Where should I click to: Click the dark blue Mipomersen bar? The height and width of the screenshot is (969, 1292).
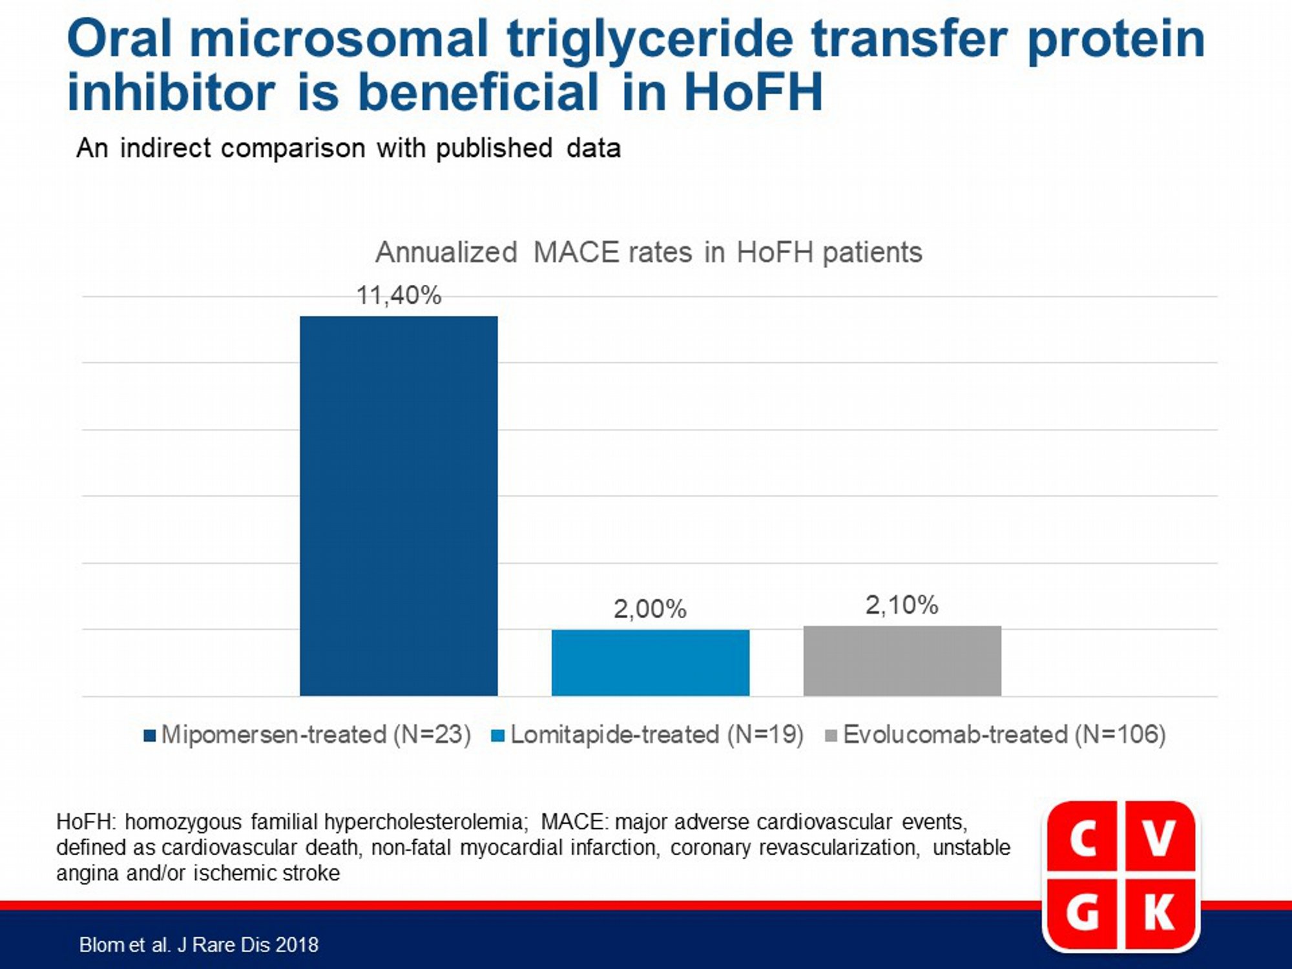(x=399, y=506)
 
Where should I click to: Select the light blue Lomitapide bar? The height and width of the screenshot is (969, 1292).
(x=651, y=663)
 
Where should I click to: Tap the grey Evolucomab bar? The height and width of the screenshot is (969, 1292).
(x=902, y=661)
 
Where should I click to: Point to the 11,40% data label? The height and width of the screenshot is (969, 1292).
(x=399, y=296)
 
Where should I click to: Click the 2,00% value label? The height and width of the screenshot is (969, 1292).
(x=650, y=609)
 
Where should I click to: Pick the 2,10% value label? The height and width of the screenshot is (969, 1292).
(x=902, y=605)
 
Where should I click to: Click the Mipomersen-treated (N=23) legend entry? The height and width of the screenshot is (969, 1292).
(x=307, y=735)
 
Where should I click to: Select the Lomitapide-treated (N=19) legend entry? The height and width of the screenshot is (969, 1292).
(x=648, y=735)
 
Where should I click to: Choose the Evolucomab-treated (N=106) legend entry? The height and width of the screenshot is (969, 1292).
(x=996, y=735)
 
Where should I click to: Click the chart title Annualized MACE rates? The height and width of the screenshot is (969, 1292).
(x=649, y=252)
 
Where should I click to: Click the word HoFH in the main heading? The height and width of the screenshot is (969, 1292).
(x=753, y=92)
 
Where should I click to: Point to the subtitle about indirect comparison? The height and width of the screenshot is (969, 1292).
(x=349, y=148)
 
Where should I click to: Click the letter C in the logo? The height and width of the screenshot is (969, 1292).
(x=1083, y=839)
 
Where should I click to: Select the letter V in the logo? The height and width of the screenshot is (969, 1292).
(x=1159, y=839)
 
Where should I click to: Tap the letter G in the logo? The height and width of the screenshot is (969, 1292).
(x=1083, y=913)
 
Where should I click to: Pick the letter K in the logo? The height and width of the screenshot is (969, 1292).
(x=1160, y=913)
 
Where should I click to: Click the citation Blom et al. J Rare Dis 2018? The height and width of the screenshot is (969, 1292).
(x=199, y=945)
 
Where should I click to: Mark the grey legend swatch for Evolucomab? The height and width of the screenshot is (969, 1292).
(x=832, y=736)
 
